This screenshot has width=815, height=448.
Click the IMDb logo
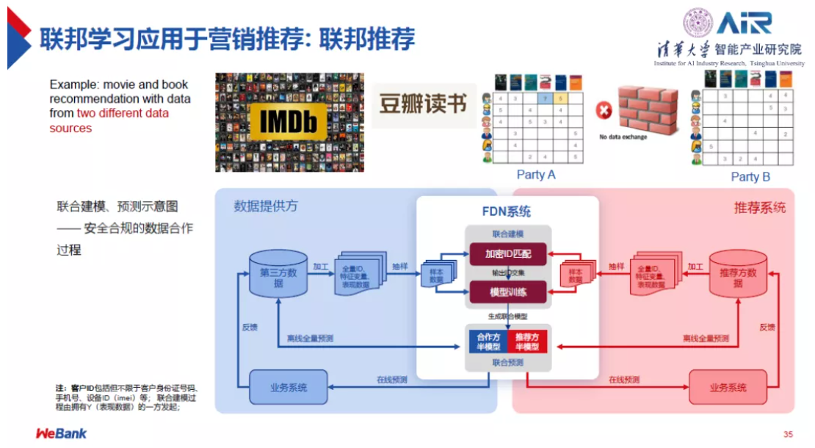289,123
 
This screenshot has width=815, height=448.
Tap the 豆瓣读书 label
423,104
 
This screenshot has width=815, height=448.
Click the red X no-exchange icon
604,111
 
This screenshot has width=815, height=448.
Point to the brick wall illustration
646,109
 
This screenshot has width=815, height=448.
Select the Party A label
536,175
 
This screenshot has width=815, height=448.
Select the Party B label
750,176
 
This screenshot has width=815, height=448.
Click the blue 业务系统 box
288,387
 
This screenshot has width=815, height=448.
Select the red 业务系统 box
728,387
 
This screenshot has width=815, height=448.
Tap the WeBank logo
62,433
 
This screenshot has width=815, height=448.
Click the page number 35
788,435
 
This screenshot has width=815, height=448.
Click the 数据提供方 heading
266,206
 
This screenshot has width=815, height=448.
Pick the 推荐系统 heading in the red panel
759,208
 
